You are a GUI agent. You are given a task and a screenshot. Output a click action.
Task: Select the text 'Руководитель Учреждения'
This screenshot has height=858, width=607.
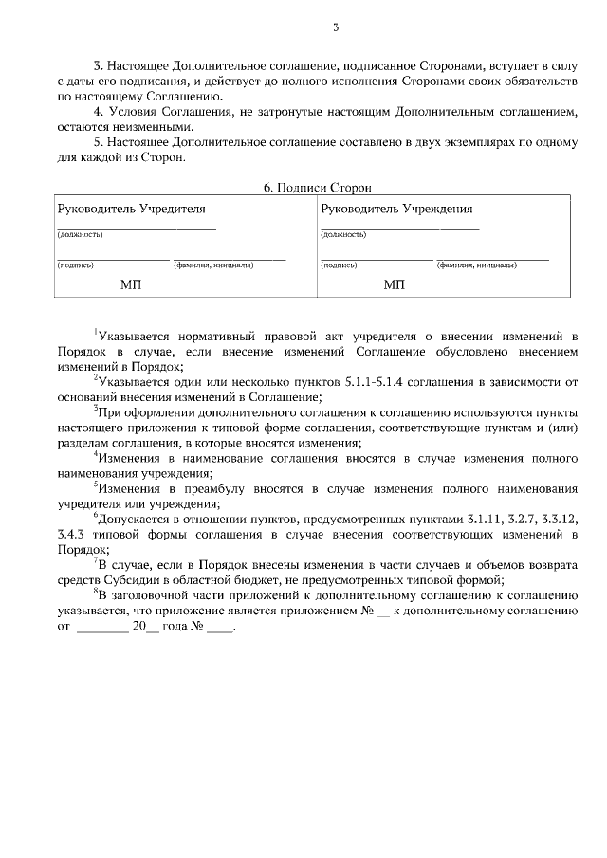[x=397, y=209]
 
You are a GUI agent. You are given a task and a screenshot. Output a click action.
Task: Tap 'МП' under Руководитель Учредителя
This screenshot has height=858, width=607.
[x=131, y=283]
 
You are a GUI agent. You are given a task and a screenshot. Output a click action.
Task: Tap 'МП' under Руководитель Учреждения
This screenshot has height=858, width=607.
[x=395, y=283]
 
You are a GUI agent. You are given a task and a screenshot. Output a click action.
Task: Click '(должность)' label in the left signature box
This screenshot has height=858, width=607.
[x=81, y=234]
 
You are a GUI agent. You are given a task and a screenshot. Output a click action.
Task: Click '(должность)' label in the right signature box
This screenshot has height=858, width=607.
[x=344, y=234]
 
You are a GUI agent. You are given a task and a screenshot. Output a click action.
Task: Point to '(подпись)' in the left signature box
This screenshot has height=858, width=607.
[x=77, y=265]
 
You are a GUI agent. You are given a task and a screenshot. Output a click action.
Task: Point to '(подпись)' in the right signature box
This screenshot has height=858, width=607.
[x=340, y=265]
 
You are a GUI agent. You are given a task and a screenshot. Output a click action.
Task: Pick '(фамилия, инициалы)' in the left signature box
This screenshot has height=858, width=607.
[x=212, y=265]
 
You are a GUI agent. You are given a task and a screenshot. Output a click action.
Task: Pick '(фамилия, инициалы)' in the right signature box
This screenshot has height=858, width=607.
[x=476, y=265]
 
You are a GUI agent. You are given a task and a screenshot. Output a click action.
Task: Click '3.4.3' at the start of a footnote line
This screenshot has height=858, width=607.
[x=72, y=536]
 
